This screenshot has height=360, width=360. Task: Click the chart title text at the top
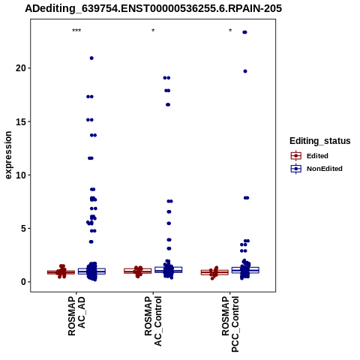click(153, 8)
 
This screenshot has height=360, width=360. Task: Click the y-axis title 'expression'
click(8, 155)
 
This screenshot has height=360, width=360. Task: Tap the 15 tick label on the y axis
click(21, 121)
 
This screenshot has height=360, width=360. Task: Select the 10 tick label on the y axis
click(21, 175)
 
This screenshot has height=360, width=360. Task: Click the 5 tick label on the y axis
click(23, 228)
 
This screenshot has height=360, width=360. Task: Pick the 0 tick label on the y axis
click(23, 282)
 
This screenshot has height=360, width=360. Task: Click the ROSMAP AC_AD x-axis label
click(76, 316)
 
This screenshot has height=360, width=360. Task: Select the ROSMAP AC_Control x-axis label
click(153, 321)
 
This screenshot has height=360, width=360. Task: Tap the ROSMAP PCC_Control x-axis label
click(230, 324)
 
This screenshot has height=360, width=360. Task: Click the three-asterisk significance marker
click(76, 31)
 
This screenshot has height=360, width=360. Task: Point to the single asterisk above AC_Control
click(153, 31)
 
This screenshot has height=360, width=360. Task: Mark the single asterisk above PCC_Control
click(230, 31)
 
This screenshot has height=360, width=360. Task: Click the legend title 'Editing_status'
click(320, 141)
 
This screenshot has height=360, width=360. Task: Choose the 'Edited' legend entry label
click(317, 156)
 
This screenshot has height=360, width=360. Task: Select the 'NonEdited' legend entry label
click(325, 169)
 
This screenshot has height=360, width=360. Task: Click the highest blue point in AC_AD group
click(91, 58)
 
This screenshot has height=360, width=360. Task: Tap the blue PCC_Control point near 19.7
click(245, 71)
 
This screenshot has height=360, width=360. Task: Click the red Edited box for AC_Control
click(138, 271)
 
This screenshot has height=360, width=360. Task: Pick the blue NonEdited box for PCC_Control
click(245, 270)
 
